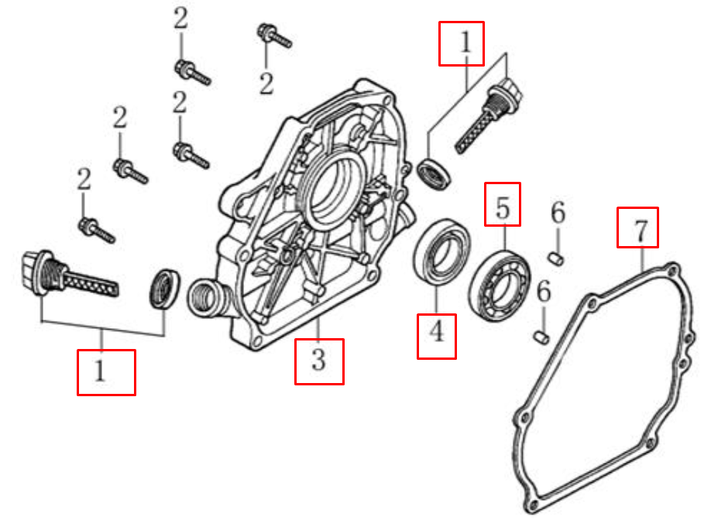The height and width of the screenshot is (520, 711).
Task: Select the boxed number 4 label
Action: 437,334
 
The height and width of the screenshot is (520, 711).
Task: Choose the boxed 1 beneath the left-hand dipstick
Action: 106,372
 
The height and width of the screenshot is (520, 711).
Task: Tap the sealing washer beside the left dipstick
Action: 164,288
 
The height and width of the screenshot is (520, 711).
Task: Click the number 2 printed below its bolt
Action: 266,83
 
